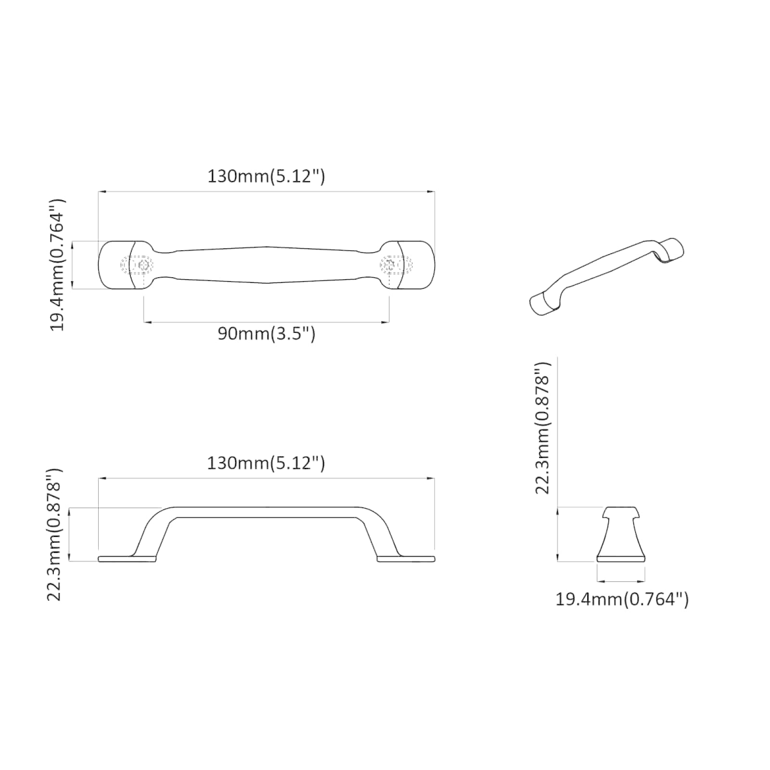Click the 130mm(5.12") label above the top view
pos(266,176)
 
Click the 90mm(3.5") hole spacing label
pos(266,333)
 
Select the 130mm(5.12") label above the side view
pos(266,463)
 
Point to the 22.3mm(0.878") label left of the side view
pos(55,535)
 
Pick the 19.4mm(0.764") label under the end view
pos(622,611)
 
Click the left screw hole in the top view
pos(144,264)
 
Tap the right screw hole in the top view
pos(389,264)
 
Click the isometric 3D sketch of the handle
pos(606,278)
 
